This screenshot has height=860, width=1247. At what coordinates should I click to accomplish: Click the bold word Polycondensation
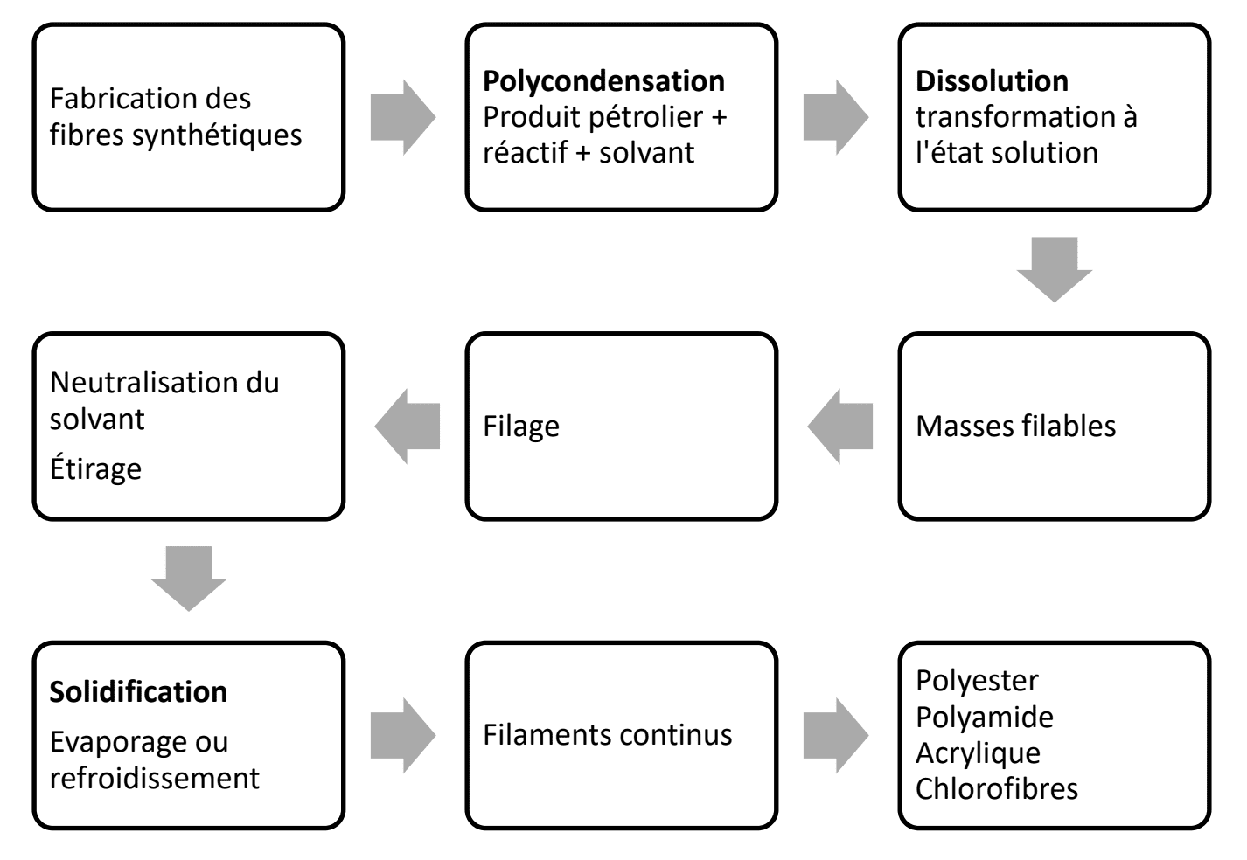[x=603, y=82]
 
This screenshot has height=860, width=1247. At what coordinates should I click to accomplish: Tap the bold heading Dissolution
[x=992, y=81]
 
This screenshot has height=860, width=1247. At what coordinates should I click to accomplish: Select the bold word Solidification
[x=138, y=692]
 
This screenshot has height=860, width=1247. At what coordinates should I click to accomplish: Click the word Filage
[x=521, y=427]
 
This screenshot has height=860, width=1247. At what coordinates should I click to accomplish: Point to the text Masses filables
[x=1016, y=427]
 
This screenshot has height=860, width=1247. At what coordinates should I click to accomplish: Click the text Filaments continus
[x=608, y=735]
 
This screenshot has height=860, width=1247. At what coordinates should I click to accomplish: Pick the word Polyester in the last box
[x=977, y=682]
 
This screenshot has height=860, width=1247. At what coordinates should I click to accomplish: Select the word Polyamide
[x=985, y=717]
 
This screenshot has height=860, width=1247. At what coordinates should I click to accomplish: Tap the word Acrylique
[x=979, y=753]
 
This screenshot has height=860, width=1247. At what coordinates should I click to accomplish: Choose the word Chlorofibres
[x=997, y=789]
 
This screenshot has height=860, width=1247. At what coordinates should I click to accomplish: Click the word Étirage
[x=95, y=468]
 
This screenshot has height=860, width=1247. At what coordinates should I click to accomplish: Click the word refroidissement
[x=155, y=778]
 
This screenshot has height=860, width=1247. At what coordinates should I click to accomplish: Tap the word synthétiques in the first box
[x=217, y=135]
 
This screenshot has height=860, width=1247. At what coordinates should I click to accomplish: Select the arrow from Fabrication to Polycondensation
[x=403, y=117]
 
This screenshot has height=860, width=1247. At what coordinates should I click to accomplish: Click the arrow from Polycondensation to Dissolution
[x=836, y=117]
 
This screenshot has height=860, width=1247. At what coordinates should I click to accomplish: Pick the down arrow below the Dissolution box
[x=1055, y=270]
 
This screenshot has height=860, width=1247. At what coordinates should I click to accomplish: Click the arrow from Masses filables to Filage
[x=840, y=427]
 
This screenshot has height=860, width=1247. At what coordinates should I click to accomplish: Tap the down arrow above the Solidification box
[x=189, y=579]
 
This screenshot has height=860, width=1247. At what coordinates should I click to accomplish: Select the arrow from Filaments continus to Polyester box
[x=836, y=735]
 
